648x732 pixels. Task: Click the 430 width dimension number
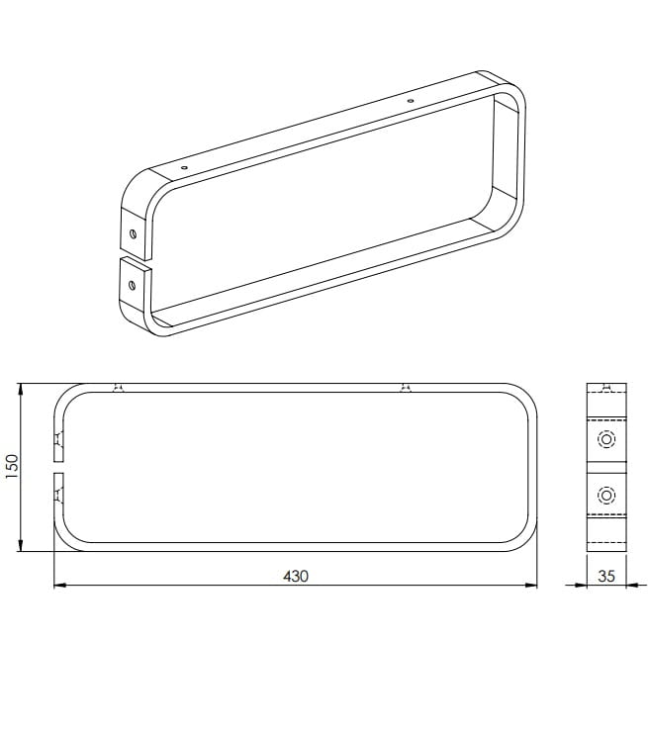click(x=296, y=576)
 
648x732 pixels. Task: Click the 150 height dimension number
click(x=12, y=466)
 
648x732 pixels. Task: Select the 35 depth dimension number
click(x=606, y=576)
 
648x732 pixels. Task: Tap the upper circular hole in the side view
click(x=606, y=439)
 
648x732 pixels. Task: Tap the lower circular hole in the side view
click(x=606, y=495)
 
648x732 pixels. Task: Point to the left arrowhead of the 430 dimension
click(x=59, y=585)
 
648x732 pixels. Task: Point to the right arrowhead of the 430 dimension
click(x=531, y=585)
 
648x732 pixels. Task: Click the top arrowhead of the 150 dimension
click(x=20, y=389)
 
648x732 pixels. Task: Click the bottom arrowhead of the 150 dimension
click(x=20, y=545)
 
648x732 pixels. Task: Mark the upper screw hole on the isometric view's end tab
click(x=133, y=233)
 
